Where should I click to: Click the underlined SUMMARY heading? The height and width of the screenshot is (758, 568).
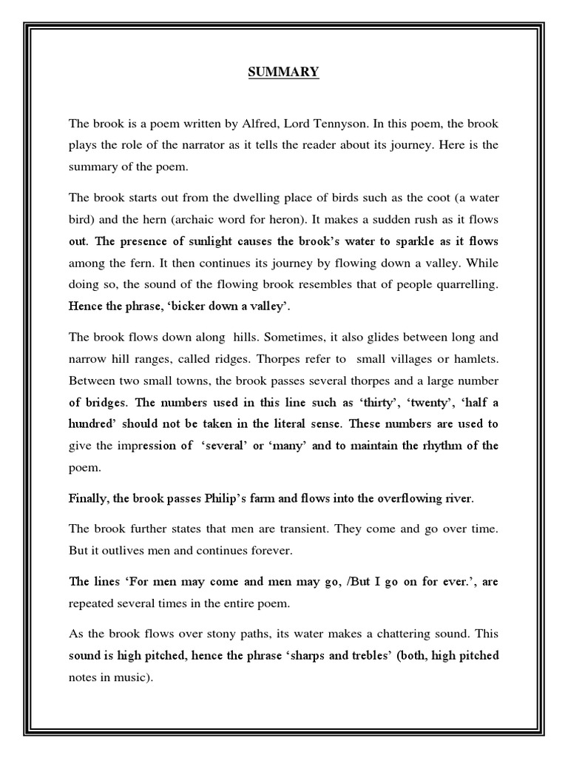tap(284, 72)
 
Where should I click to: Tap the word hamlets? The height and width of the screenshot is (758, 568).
tap(471, 359)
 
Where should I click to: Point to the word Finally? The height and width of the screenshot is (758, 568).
tap(88, 498)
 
